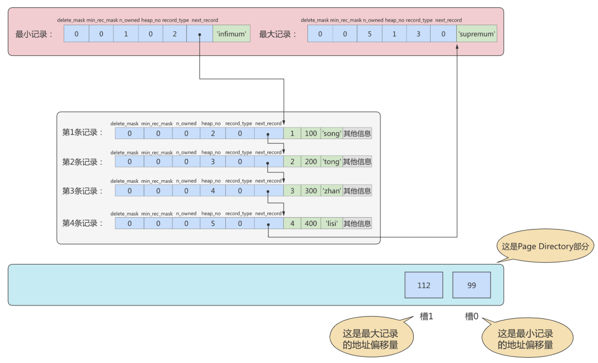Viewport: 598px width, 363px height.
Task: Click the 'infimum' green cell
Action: tap(232, 34)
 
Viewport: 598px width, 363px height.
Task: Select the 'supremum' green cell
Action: tap(477, 34)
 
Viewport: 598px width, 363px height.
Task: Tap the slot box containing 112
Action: tap(423, 285)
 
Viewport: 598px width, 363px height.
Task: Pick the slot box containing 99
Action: tap(471, 285)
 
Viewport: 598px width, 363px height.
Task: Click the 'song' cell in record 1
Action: tap(331, 133)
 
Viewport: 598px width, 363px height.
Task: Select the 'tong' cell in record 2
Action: tap(331, 162)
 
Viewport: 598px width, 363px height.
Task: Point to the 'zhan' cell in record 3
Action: tap(331, 191)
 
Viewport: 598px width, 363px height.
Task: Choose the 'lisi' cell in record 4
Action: tap(331, 223)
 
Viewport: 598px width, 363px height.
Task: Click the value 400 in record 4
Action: tap(311, 223)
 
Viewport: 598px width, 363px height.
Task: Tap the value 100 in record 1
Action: tap(311, 133)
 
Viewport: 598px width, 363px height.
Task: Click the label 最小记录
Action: tap(34, 34)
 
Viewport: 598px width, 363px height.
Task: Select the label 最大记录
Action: tap(278, 34)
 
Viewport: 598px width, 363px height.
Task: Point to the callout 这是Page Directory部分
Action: tap(545, 246)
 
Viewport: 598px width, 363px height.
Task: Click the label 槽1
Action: tap(427, 317)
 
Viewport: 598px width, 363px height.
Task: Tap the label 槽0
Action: tap(472, 317)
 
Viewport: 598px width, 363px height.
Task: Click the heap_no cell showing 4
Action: tap(210, 191)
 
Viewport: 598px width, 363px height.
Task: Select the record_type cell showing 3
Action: tap(419, 34)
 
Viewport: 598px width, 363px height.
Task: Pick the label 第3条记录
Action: tap(83, 191)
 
